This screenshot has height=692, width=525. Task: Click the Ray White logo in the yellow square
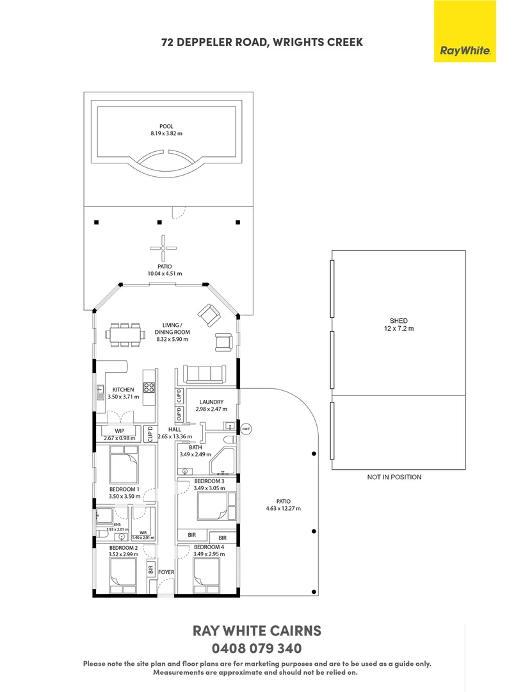click(x=465, y=51)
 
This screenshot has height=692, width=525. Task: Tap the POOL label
click(x=166, y=126)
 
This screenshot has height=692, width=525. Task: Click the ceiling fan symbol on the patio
click(x=163, y=248)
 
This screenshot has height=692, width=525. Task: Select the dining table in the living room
click(x=125, y=335)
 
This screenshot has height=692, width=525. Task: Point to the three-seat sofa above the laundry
click(x=204, y=374)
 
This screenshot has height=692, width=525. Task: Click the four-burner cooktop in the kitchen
click(x=149, y=388)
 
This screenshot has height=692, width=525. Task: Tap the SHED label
click(x=398, y=321)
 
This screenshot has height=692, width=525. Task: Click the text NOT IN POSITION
click(x=394, y=477)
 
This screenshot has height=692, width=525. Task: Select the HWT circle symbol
click(x=246, y=429)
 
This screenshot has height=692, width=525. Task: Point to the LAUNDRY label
click(x=211, y=402)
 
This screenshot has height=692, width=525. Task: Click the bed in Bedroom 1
click(x=124, y=465)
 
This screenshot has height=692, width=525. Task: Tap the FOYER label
click(x=166, y=572)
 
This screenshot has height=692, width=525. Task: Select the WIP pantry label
click(x=120, y=431)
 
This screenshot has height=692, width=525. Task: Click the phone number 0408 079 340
click(x=257, y=648)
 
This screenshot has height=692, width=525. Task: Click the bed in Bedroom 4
click(x=207, y=575)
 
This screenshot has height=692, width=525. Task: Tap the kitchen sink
click(x=100, y=390)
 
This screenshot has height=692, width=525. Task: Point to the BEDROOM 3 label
click(x=209, y=481)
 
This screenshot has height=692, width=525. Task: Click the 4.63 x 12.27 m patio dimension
click(x=284, y=508)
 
